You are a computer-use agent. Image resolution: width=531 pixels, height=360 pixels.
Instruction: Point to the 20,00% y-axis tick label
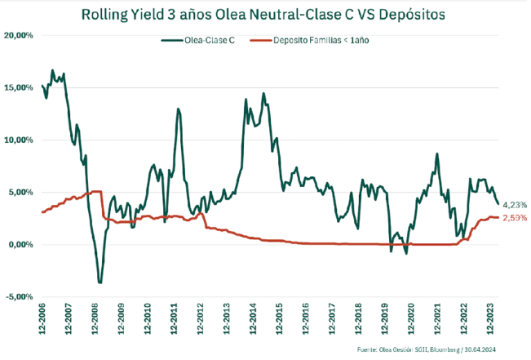click(x=19, y=36)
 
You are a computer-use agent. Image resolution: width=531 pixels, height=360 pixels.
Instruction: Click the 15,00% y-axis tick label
click(x=19, y=88)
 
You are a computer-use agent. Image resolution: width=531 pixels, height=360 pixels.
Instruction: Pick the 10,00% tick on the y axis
click(x=19, y=140)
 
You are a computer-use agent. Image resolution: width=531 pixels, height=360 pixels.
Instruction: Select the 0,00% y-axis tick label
click(x=20, y=245)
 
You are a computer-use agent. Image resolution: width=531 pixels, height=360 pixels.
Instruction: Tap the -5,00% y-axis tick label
click(x=19, y=297)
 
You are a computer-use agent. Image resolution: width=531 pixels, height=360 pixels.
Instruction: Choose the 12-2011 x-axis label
click(x=177, y=318)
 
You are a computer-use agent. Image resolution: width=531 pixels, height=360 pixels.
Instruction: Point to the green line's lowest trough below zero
click(x=100, y=282)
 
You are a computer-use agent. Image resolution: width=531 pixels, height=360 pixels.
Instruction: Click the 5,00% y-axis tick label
click(x=20, y=193)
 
